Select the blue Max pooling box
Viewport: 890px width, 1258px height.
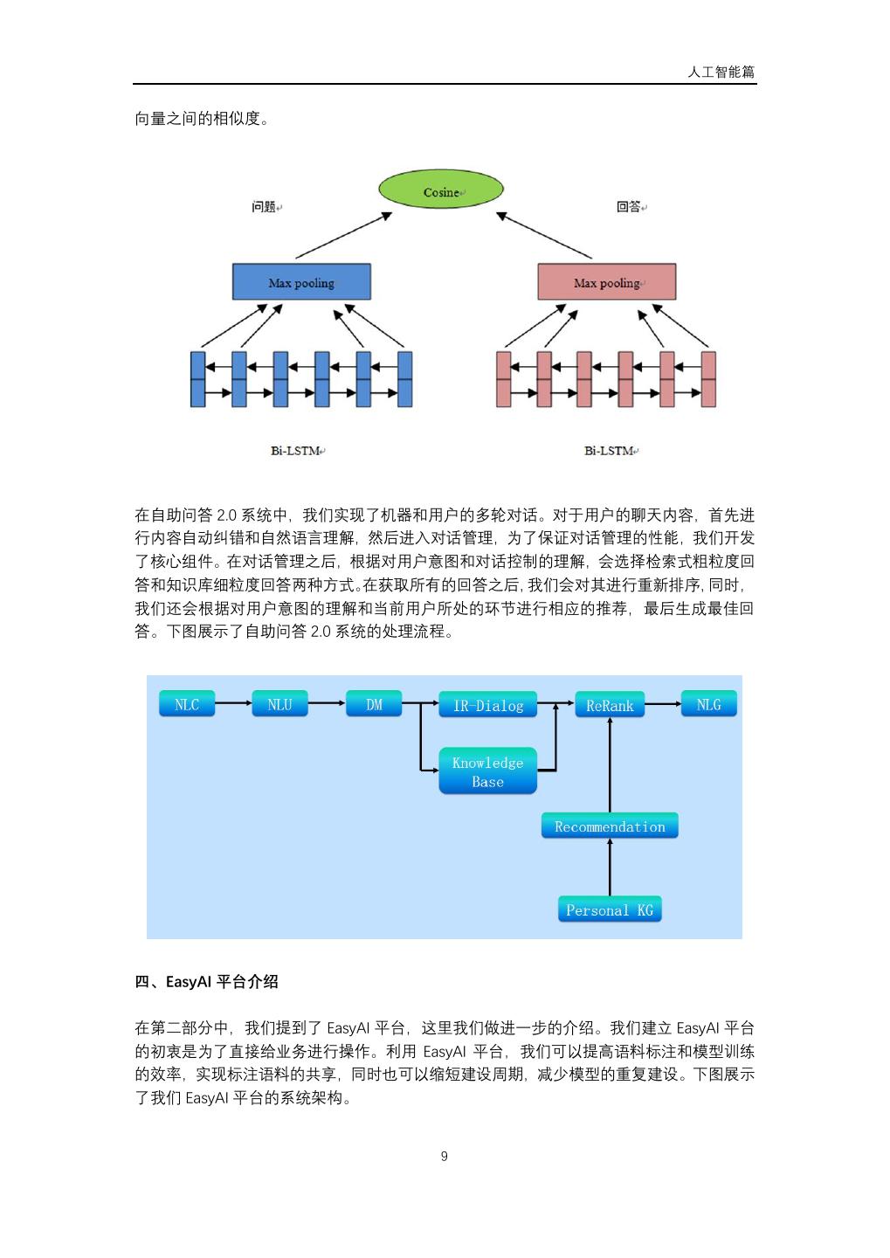(x=301, y=282)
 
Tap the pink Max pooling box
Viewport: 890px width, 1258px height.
(x=606, y=282)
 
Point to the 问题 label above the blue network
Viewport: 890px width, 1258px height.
(x=264, y=207)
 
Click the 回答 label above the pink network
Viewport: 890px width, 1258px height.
(x=629, y=207)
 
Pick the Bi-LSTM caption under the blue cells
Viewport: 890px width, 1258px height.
(x=295, y=451)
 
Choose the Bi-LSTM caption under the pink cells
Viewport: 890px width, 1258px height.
(x=610, y=451)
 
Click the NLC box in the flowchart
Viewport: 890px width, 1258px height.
(x=187, y=704)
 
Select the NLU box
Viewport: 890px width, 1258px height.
(x=279, y=704)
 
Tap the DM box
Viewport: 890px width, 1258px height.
(x=374, y=704)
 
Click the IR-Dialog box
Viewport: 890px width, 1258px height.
(x=487, y=705)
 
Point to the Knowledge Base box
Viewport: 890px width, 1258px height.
(x=487, y=772)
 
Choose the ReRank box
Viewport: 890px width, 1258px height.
(x=610, y=705)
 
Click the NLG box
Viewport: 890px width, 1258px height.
(x=708, y=704)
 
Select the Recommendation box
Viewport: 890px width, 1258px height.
(x=610, y=826)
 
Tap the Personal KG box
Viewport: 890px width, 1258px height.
(x=610, y=910)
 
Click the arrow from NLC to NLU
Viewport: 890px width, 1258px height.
(x=233, y=703)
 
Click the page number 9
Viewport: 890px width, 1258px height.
(x=445, y=1157)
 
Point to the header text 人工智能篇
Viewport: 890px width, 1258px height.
(x=721, y=73)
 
